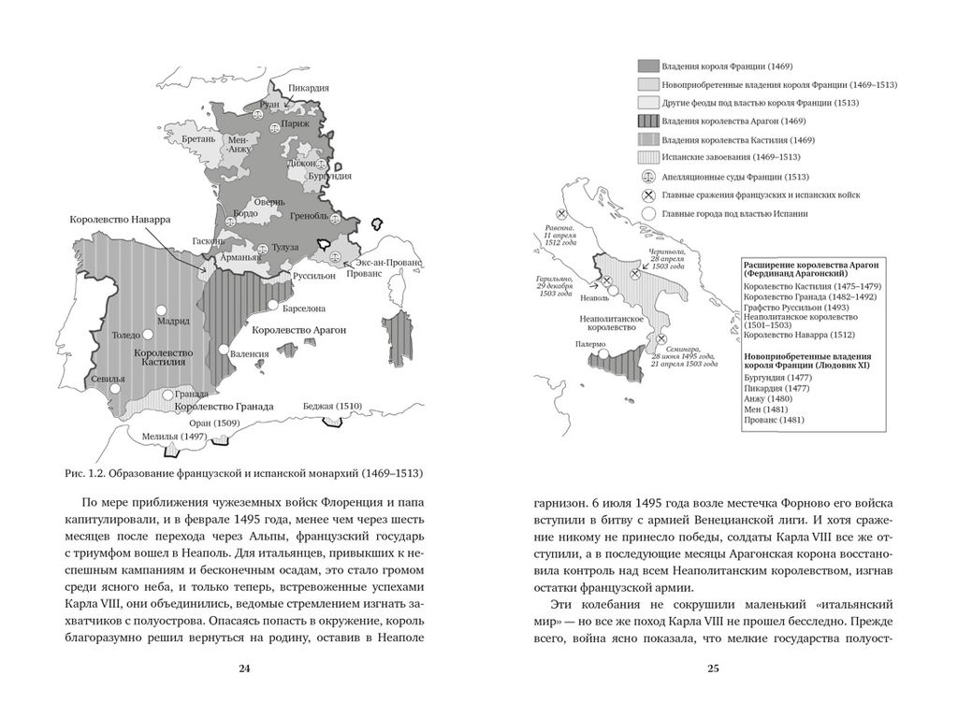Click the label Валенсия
pos(251,354)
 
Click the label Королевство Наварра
pos(120,219)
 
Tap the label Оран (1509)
pos(216,424)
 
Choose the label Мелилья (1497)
pos(174,437)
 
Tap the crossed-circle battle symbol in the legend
pos(647,194)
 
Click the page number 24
pos(244,668)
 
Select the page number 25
pos(712,668)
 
